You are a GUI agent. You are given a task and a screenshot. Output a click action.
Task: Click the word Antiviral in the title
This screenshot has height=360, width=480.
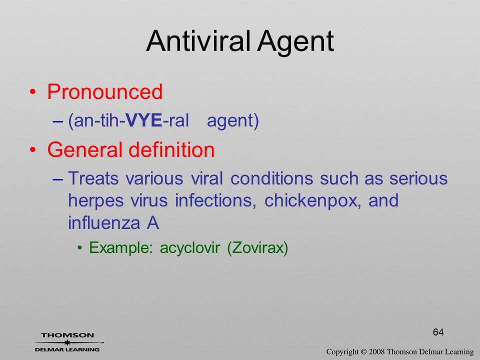(198, 41)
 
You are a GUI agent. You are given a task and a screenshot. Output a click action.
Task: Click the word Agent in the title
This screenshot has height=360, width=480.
(295, 43)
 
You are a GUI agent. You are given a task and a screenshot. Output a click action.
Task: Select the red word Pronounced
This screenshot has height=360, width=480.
(104, 91)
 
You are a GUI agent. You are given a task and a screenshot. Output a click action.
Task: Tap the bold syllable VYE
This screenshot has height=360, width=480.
(144, 120)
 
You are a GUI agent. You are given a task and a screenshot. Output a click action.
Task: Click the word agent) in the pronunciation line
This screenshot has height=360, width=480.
(233, 121)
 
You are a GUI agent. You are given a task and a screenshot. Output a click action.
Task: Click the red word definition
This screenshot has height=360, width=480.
(171, 149)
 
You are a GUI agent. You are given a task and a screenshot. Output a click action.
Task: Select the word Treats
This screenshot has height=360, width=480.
(93, 178)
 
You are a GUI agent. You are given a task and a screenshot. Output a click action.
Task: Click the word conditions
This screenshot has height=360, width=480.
(272, 178)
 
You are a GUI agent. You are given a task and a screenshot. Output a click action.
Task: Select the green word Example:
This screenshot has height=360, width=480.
(121, 248)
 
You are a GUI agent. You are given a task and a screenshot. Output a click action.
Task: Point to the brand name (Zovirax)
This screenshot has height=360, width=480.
(257, 248)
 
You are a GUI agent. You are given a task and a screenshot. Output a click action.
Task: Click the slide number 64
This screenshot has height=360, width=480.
(438, 332)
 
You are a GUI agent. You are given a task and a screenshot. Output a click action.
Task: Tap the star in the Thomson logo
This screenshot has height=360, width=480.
(67, 342)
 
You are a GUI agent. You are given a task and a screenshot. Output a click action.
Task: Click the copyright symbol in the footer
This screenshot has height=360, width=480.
(363, 351)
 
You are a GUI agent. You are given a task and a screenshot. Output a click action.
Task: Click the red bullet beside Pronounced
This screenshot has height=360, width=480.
(33, 92)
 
